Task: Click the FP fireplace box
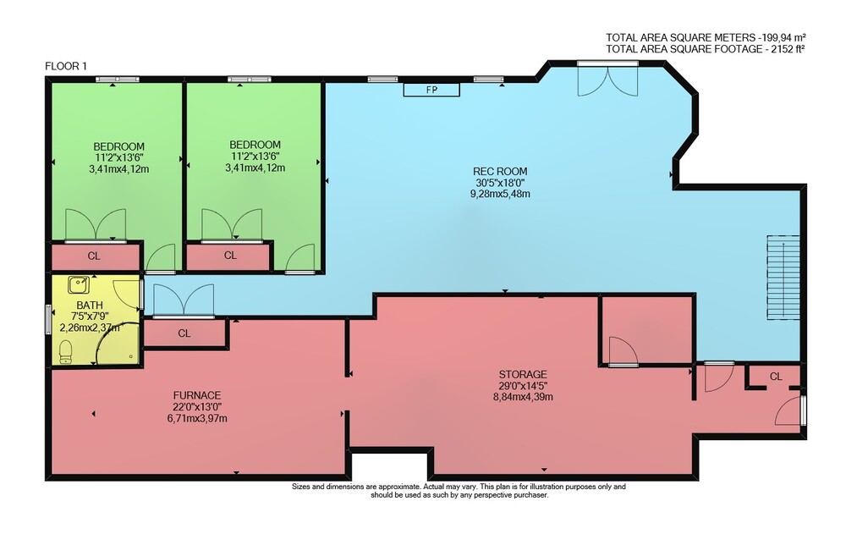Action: click(431, 90)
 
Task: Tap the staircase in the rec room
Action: click(783, 278)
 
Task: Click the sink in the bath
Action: click(79, 284)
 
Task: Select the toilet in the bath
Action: click(65, 352)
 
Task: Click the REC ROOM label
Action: click(500, 172)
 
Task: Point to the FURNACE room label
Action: click(197, 395)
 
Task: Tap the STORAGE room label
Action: click(523, 374)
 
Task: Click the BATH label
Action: click(90, 305)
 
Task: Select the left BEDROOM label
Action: click(118, 146)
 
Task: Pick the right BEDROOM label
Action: click(255, 145)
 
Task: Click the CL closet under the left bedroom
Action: click(94, 256)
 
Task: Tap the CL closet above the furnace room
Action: click(184, 333)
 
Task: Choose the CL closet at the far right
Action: click(776, 377)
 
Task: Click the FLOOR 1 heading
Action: click(66, 66)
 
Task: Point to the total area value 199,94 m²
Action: click(783, 37)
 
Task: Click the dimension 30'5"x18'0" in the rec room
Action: click(500, 183)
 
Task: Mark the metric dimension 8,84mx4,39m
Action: click(523, 397)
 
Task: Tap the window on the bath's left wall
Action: click(48, 319)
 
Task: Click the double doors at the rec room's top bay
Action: click(607, 80)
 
